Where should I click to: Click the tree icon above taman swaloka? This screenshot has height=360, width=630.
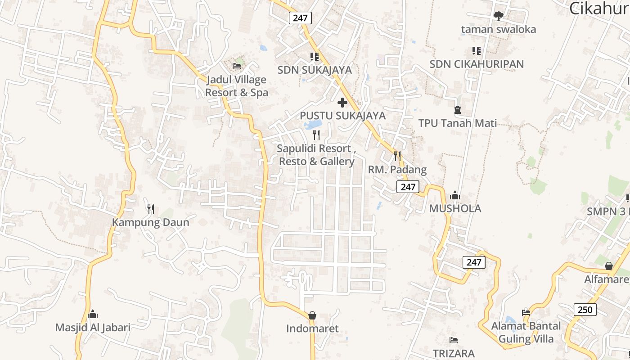[x=498, y=16]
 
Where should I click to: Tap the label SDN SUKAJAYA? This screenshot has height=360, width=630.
[x=315, y=70]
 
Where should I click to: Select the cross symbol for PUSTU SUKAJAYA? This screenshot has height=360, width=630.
[x=342, y=103]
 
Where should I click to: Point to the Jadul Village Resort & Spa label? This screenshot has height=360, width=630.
[x=236, y=86]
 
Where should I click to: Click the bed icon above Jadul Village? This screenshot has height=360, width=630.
[x=237, y=66]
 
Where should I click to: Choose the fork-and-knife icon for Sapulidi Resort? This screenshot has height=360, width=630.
[x=316, y=135]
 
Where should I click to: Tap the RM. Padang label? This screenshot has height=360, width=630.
[x=397, y=170]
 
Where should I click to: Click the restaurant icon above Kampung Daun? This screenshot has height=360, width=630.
[x=151, y=209]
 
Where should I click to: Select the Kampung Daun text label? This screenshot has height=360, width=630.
[x=150, y=222]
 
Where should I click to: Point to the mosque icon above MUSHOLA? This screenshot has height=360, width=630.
[x=455, y=195]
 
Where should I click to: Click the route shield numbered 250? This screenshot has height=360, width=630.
[x=585, y=310]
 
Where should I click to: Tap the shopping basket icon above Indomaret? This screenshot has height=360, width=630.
[x=312, y=315]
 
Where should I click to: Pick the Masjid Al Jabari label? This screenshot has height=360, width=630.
[x=93, y=327]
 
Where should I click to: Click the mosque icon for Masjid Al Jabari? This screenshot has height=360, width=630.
[x=93, y=314]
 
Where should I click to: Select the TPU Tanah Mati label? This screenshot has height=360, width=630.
[x=458, y=123]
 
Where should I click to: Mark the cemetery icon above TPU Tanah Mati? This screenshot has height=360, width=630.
[x=458, y=109]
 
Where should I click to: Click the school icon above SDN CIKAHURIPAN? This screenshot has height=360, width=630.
[x=476, y=51]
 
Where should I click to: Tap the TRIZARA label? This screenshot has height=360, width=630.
[x=454, y=353]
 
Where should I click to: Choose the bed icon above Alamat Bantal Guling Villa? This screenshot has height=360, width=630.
[x=526, y=312]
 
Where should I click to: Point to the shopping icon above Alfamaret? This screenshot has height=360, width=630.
[x=609, y=266]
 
